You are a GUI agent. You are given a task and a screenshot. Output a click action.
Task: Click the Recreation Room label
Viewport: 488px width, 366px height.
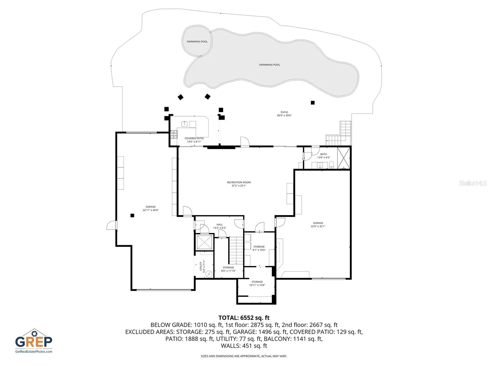coord(239,182)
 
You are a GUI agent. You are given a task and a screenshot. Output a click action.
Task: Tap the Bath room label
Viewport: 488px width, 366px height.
coord(323,154)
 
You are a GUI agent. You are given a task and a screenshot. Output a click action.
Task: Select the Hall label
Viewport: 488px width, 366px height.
coord(219,224)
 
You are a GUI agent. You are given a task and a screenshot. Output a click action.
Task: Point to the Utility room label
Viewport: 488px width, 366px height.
coord(201,266)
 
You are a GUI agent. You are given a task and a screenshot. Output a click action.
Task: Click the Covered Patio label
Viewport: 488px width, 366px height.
coord(194,138)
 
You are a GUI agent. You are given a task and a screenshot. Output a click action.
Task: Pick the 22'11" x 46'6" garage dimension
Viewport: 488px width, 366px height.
coord(150,210)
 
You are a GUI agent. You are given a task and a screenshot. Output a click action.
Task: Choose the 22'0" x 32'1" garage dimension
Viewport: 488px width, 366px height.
coord(318,226)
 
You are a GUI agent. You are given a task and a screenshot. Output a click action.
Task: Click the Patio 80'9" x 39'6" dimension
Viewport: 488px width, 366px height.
coord(284,115)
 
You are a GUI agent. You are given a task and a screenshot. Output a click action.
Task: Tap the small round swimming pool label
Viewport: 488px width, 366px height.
coord(197,41)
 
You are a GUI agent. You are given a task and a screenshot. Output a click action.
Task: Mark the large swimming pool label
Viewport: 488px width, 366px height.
coord(269,65)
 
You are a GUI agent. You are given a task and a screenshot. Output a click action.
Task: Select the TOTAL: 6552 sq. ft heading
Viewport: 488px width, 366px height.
coord(244,318)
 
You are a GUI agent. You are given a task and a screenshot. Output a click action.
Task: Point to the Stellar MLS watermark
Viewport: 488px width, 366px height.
coord(473,183)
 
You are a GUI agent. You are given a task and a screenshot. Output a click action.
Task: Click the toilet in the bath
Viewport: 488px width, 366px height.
coord(331,165)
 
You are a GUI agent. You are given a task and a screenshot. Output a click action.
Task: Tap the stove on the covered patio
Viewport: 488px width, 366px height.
coord(174,135)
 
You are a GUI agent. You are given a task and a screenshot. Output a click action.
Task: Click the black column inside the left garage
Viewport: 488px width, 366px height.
coord(132,215)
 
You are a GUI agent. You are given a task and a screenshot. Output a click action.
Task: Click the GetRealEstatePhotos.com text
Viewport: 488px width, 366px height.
coord(34,352)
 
